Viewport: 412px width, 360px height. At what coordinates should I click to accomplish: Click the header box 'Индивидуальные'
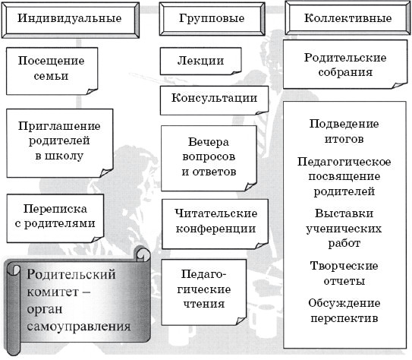tap(70, 21)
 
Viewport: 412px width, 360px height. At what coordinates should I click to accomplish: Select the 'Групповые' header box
tap(212, 19)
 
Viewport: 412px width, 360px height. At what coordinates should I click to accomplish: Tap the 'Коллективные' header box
tap(348, 18)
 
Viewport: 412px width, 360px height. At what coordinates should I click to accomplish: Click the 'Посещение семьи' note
tap(52, 71)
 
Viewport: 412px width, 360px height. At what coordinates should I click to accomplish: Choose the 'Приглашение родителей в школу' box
tap(60, 144)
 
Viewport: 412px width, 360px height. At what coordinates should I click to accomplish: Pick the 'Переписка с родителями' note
tap(55, 218)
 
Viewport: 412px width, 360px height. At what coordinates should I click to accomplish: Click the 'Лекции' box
tap(200, 61)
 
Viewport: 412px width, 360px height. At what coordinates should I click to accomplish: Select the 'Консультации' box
tap(214, 100)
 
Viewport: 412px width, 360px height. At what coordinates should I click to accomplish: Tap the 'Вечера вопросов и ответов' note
tap(209, 158)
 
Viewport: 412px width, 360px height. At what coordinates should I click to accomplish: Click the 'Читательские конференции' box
tap(215, 224)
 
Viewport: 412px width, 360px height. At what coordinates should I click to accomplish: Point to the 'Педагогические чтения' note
tap(204, 292)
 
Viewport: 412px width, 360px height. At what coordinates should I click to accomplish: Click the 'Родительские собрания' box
tap(345, 65)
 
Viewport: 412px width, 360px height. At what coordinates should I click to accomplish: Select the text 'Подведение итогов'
tap(344, 131)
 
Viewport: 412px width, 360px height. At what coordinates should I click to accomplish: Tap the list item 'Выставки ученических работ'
tap(344, 229)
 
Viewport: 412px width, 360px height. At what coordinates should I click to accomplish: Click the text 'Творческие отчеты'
tap(344, 273)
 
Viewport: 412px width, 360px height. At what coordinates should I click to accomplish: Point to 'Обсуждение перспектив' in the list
tap(344, 311)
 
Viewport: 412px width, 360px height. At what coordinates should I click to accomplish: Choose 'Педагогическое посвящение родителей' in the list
tap(344, 176)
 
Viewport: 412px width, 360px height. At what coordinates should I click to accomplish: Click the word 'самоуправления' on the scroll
tap(79, 327)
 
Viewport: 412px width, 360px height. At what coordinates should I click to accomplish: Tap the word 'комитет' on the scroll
tap(53, 292)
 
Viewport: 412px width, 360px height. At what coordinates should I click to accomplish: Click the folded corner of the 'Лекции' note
tap(236, 72)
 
